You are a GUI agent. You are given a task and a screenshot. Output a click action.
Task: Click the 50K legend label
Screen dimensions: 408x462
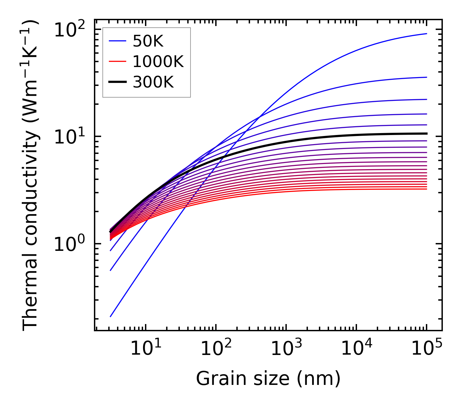pos(148,41)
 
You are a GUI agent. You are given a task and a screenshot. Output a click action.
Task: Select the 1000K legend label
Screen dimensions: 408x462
pos(158,62)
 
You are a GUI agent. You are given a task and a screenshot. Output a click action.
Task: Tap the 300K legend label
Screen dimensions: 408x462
pos(153,82)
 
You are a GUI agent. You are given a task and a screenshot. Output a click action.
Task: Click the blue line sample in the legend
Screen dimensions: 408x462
pos(117,41)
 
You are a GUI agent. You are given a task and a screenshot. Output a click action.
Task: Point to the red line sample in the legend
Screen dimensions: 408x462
pos(117,61)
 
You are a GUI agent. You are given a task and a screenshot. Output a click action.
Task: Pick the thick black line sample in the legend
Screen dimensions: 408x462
pos(117,82)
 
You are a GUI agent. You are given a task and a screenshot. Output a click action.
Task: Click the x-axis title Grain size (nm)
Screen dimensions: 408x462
pos(268,379)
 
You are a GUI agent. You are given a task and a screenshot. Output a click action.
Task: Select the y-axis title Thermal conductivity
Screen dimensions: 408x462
pos(31,176)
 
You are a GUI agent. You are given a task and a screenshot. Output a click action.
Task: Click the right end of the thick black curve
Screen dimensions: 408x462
pos(427,133)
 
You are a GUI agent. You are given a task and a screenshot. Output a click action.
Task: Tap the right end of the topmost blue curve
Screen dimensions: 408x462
pos(427,34)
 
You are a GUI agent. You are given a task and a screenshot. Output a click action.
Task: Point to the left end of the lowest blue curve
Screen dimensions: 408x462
pos(111,317)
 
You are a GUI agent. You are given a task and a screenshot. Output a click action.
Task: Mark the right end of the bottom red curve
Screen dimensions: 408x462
pos(427,189)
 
